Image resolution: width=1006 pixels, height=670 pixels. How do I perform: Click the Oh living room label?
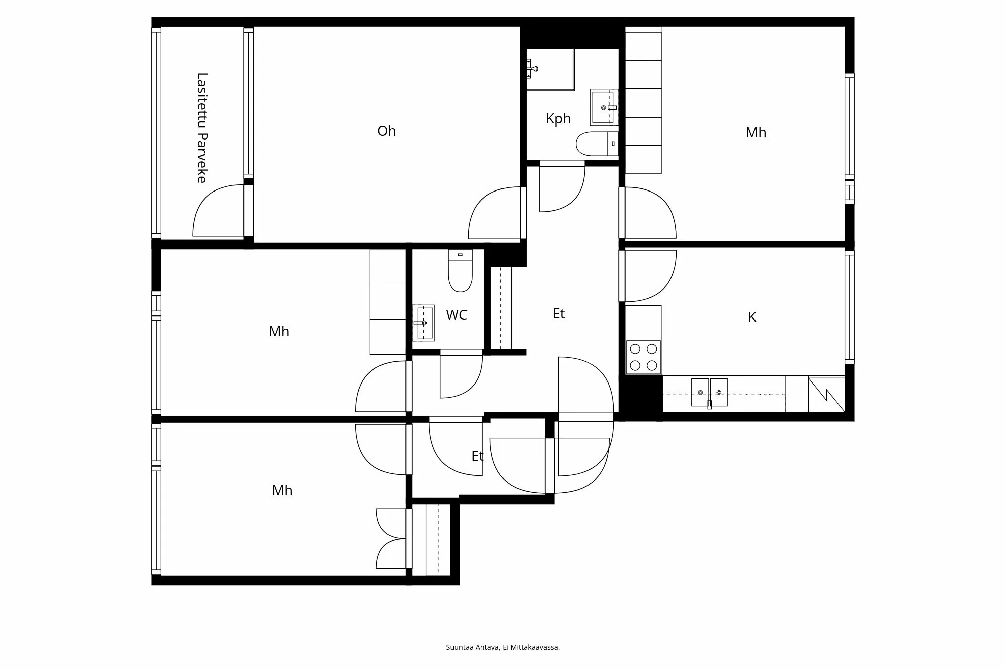point(386,131)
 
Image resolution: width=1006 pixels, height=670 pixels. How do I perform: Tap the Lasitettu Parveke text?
point(202,128)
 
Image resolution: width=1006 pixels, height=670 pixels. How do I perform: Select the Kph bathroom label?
point(558,119)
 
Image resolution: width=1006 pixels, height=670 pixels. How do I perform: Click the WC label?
point(456,315)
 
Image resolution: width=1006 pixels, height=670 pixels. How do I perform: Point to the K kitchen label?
point(752,317)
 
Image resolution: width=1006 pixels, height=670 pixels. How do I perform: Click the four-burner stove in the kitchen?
point(643,357)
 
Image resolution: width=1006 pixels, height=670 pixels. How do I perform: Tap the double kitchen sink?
point(709,393)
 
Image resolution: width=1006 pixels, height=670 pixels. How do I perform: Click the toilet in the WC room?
point(460,272)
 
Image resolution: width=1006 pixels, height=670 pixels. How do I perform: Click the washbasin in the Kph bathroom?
point(604,107)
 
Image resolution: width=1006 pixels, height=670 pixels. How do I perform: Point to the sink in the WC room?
point(424,323)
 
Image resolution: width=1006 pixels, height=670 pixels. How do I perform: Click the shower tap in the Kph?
point(532,68)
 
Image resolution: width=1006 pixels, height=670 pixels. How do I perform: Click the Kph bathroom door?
point(562,188)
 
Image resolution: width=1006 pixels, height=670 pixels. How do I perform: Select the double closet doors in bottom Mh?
point(392,539)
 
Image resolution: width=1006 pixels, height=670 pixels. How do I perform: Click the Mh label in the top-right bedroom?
point(756,133)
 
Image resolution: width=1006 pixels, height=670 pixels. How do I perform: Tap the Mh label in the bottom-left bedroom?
point(282,491)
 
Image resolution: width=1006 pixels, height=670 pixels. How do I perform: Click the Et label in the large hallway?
point(559,314)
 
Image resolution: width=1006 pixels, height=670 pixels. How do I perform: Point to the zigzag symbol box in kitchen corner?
point(826,395)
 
